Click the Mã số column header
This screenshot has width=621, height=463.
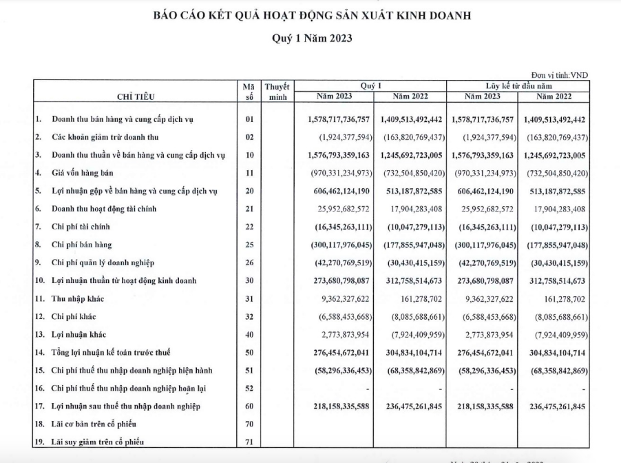[x=249, y=92]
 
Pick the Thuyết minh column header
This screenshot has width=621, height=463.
[x=277, y=92]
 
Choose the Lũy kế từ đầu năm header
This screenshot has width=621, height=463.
[x=518, y=85]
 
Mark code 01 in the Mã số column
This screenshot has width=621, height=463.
[x=249, y=120]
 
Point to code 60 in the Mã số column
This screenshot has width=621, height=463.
[x=249, y=407]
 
